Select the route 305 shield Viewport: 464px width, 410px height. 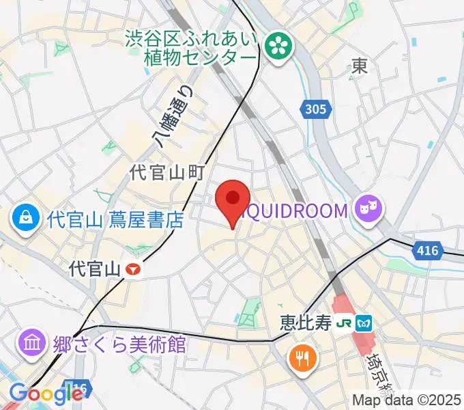coord(316,109)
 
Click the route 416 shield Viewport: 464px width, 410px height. coord(427,251)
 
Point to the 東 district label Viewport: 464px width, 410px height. coord(360,66)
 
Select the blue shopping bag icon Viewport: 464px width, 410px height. coord(25,219)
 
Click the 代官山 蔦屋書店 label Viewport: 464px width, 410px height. coord(116,220)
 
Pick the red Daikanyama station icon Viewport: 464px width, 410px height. coord(134,270)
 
